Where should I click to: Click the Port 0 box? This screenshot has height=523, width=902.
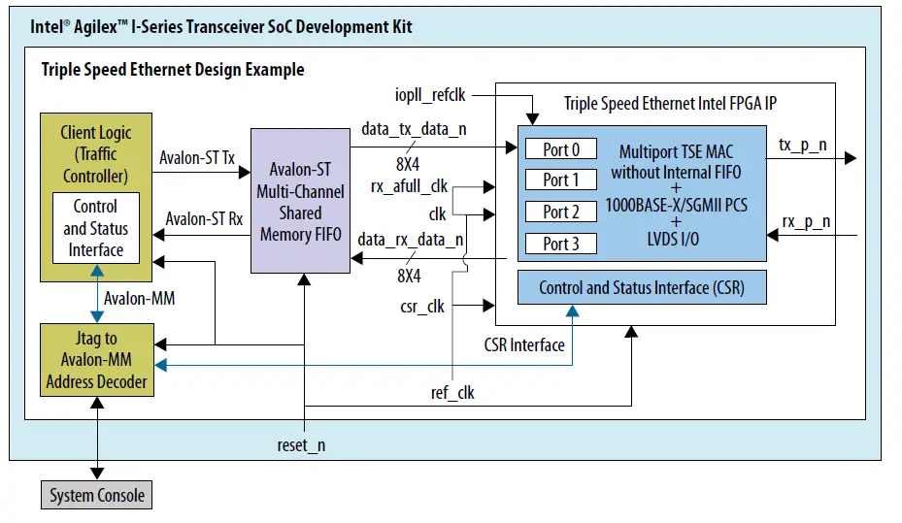[561, 149]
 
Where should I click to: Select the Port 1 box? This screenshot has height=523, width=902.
[561, 180]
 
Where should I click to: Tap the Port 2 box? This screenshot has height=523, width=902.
[561, 212]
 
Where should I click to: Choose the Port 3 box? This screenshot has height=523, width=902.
[561, 244]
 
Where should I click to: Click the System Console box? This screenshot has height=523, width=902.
[97, 496]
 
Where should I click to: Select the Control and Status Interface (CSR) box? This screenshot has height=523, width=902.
[642, 288]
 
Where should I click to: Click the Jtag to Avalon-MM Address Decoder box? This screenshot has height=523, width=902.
[96, 360]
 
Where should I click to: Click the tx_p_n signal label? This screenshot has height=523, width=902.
[805, 145]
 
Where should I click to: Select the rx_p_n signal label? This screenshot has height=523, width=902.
[805, 221]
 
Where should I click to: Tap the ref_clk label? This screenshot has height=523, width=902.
[452, 392]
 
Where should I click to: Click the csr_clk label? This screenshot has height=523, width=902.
[422, 307]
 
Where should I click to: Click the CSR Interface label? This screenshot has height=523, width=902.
[524, 344]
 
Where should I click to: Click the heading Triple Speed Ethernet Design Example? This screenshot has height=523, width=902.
[173, 70]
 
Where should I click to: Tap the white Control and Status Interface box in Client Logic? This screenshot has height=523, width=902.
[95, 228]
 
